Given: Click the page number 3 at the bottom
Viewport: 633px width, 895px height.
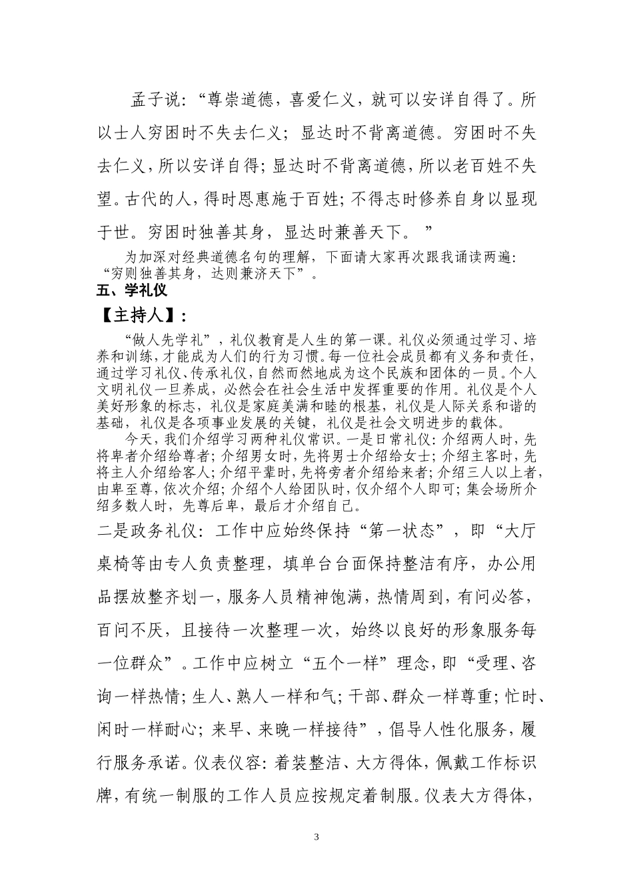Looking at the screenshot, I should [x=316, y=836].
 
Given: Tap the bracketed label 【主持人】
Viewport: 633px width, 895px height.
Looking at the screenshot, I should [x=137, y=314].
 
